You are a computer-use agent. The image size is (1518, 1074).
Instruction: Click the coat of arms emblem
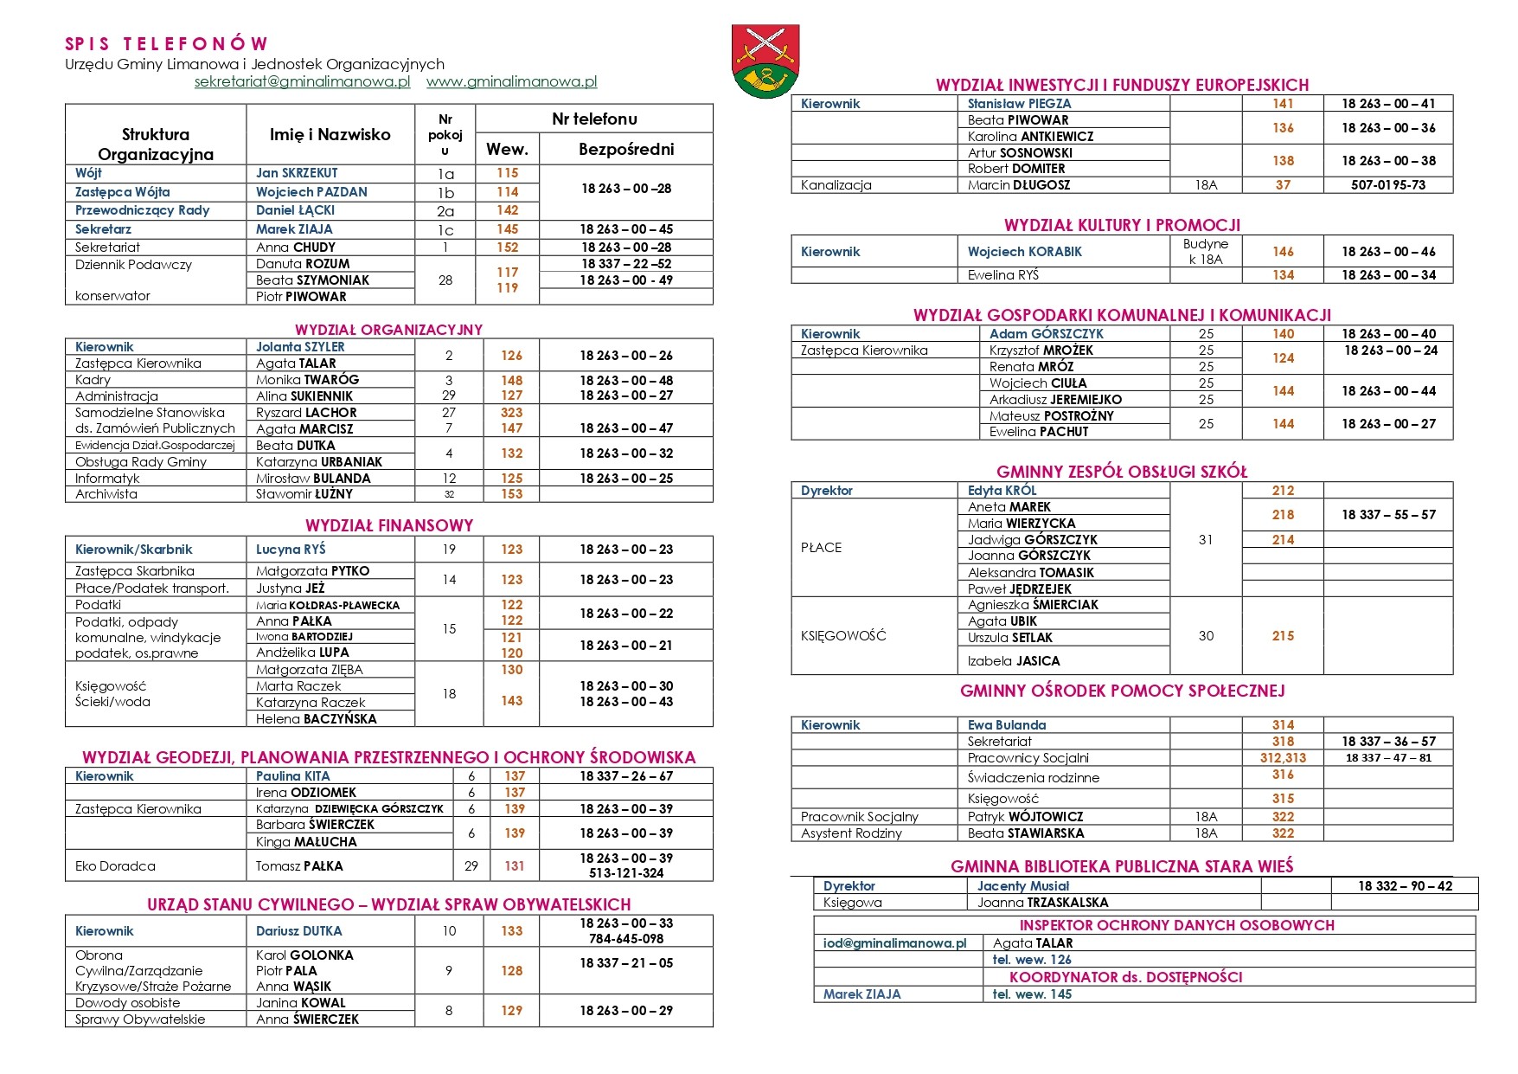pos(765,61)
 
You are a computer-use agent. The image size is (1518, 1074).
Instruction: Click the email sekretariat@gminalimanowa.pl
pos(302,82)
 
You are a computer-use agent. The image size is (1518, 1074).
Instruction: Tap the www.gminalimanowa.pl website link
pos(511,82)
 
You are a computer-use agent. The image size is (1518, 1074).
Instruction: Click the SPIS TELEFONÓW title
pos(167,43)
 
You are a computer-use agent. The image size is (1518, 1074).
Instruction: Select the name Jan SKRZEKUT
pos(297,173)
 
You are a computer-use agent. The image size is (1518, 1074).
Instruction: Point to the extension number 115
pos(508,173)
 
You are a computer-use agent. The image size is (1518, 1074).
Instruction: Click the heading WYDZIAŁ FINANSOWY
pos(389,525)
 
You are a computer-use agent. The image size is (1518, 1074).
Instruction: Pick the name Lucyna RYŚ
pos(291,550)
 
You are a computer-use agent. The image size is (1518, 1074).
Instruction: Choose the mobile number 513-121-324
pos(626,873)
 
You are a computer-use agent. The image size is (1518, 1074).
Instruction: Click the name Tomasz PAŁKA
pos(299,865)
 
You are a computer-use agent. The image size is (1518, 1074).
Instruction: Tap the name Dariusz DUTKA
pos(298,931)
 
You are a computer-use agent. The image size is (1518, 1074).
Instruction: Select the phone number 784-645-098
pos(626,939)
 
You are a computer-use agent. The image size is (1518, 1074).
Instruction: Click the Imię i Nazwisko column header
pos(330,134)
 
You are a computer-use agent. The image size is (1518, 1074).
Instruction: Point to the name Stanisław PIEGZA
pos(1019,104)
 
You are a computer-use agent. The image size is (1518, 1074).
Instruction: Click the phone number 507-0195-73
pos(1388,185)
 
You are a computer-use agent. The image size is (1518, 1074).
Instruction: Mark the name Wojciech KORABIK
pos(1024,252)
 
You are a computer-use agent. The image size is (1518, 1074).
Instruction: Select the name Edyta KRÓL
pos(1002,491)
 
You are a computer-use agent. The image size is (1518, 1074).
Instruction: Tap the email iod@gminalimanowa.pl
pos(894,943)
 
